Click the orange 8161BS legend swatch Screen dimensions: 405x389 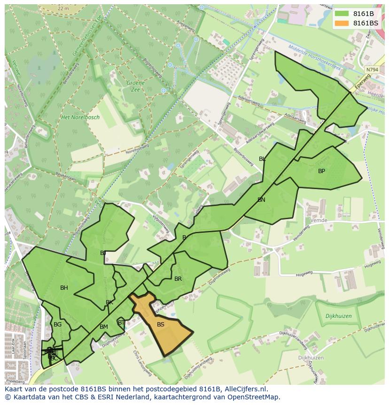(342, 23)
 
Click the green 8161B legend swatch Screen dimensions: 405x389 (342, 13)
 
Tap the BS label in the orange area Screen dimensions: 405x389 (161, 325)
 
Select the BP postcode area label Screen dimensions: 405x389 (321, 171)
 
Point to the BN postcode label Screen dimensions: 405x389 (261, 200)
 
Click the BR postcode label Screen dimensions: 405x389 (178, 279)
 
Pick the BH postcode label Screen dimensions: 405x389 (64, 288)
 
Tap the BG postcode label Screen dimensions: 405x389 (57, 325)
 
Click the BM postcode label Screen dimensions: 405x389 (104, 327)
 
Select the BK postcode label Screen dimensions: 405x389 (109, 302)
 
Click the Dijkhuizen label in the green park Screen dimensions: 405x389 (338, 317)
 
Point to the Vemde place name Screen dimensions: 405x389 (319, 220)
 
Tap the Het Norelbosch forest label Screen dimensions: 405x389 (80, 118)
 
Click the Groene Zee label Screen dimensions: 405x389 (135, 86)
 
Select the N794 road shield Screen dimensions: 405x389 (372, 70)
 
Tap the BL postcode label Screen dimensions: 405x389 (262, 159)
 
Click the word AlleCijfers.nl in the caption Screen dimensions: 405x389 (246, 389)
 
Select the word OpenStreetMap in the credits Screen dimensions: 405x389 (252, 397)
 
